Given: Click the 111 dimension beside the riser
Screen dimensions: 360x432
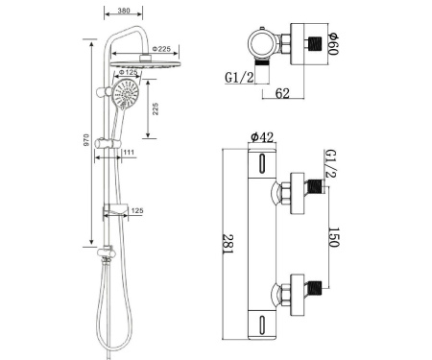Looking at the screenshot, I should (x=127, y=154).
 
